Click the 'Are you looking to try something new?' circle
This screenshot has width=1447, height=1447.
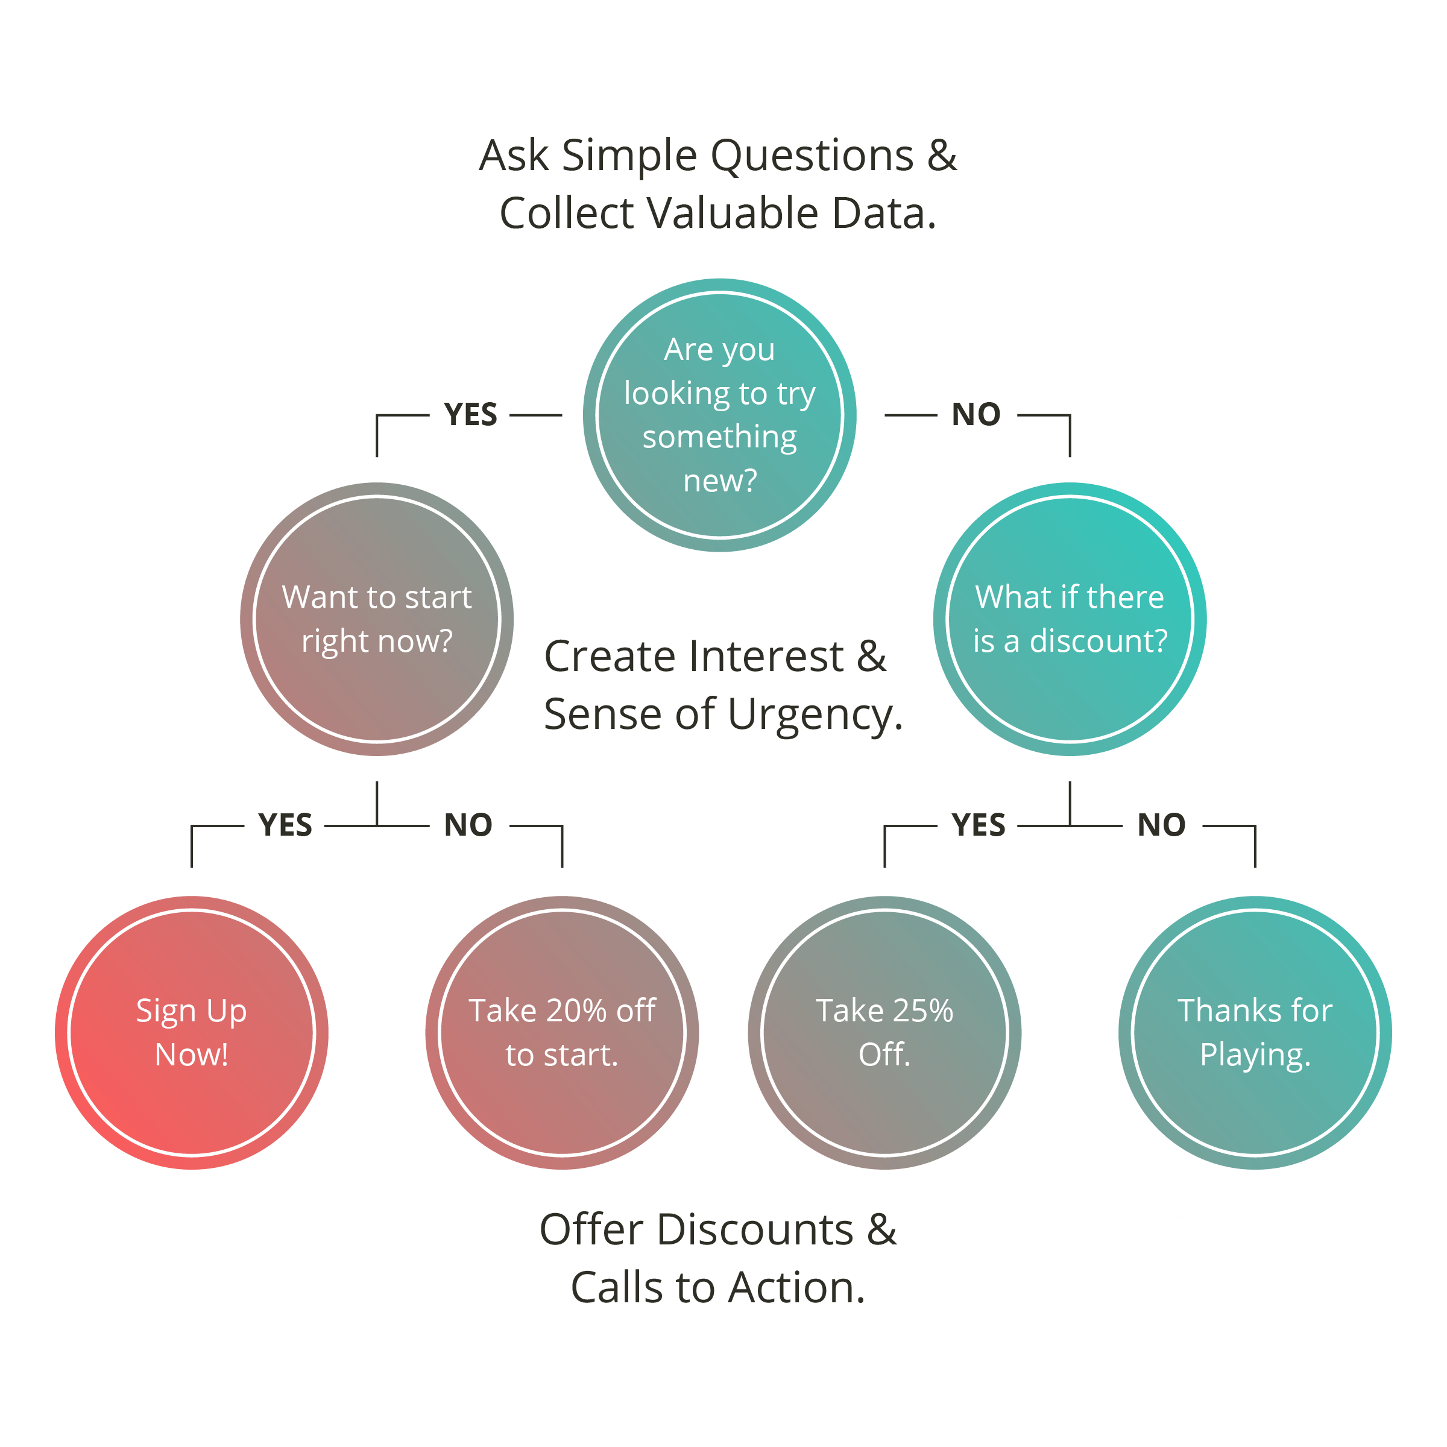pos(719,415)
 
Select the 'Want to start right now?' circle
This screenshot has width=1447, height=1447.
pos(377,619)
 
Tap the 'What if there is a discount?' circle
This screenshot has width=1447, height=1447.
pos(1070,619)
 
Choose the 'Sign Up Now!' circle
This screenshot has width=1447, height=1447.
pos(192,1033)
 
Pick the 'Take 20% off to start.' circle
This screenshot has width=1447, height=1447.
pos(562,1033)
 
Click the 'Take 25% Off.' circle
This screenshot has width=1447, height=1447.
pos(884,1033)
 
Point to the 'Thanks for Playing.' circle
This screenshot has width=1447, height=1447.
pos(1255,1033)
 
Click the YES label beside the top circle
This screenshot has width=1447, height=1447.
pos(470,414)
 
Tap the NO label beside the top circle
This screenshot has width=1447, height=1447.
pos(976,414)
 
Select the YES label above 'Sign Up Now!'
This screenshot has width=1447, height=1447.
pos(285,825)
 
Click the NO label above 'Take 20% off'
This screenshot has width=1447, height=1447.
pos(468,825)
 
